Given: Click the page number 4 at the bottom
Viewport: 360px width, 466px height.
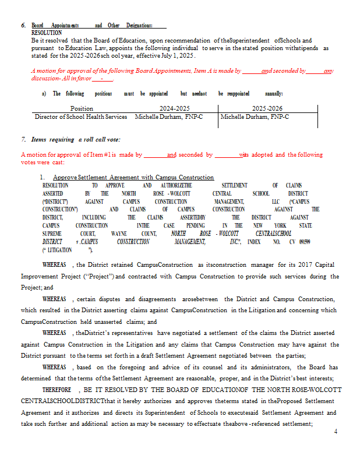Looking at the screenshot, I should [336, 432].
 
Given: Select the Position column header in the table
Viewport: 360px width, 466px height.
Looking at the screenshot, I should [81, 108].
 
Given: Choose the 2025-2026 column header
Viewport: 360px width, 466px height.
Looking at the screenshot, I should [267, 108].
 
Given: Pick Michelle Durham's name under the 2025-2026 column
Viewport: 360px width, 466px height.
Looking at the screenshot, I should [255, 116].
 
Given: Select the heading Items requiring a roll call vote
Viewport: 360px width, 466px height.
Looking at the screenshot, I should [76, 140].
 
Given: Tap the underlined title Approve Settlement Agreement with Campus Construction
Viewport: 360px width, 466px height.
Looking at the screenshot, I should [133, 177].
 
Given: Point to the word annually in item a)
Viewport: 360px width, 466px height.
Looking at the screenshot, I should [274, 93].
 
